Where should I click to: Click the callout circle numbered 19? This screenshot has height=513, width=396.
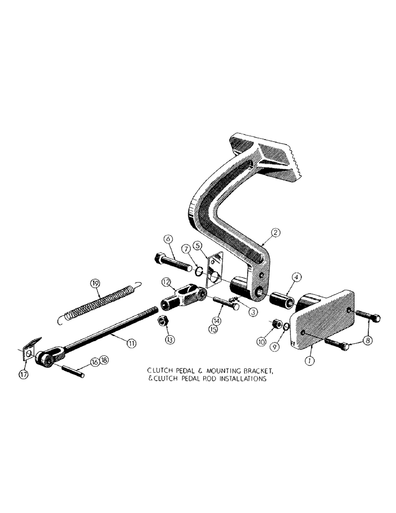(94, 283)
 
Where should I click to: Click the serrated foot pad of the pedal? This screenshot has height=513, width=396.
(272, 159)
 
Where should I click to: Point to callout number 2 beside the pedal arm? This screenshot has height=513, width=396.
(276, 233)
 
